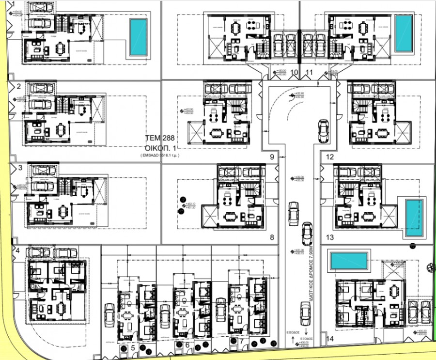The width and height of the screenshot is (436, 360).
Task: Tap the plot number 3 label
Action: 20,168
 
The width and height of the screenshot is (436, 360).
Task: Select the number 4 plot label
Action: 18,250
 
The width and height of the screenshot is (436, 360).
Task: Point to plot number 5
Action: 133,348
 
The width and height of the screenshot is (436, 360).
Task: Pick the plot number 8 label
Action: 272,237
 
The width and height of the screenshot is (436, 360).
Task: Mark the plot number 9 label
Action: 272,157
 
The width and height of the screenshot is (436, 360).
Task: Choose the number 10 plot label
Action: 295,73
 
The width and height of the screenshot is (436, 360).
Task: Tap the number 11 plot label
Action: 310,73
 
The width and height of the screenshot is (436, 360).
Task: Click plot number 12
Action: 330,157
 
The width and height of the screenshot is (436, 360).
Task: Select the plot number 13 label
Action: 330,237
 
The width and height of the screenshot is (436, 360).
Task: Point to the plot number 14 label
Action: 331,339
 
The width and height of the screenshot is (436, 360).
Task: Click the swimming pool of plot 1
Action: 138,37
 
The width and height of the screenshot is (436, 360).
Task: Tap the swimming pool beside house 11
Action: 403,33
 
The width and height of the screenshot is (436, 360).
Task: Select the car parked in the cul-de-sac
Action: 322,131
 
